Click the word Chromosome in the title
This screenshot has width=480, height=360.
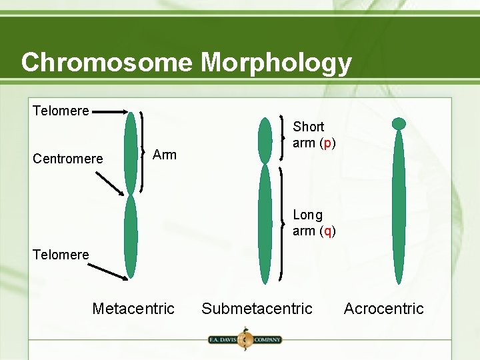pyautogui.click(x=107, y=62)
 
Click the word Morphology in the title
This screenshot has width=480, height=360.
pyautogui.click(x=276, y=63)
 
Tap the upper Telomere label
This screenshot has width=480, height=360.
pyautogui.click(x=61, y=111)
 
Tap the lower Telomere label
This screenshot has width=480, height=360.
pyautogui.click(x=61, y=254)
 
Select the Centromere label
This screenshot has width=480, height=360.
pyautogui.click(x=68, y=159)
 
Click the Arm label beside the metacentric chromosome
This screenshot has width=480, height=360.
pyautogui.click(x=165, y=155)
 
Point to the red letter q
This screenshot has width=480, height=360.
pyautogui.click(x=327, y=231)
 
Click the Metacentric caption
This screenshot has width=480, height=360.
pyautogui.click(x=133, y=309)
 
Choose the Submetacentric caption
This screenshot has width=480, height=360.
pyautogui.click(x=257, y=309)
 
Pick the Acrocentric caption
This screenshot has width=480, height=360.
pyautogui.click(x=383, y=309)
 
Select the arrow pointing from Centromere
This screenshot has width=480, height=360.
pyautogui.click(x=109, y=183)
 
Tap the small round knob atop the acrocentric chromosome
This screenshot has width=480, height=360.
pyautogui.click(x=399, y=123)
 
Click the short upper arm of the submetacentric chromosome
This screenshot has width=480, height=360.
pyautogui.click(x=265, y=140)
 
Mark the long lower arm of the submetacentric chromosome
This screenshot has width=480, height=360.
pyautogui.click(x=265, y=223)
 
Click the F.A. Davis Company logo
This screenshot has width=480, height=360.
pyautogui.click(x=244, y=339)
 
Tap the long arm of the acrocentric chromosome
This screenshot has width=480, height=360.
pyautogui.click(x=399, y=207)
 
